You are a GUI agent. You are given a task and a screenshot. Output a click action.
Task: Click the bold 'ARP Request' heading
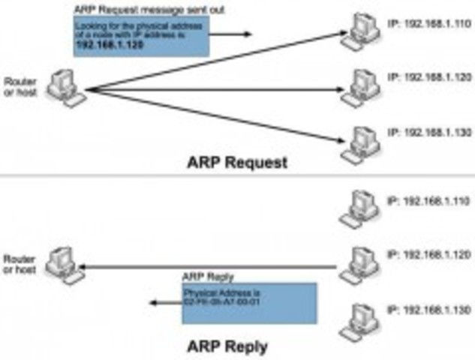pos(236,162)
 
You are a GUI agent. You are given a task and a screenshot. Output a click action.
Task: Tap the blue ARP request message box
pos(140,36)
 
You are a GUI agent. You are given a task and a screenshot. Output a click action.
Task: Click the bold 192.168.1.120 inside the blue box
pos(110,44)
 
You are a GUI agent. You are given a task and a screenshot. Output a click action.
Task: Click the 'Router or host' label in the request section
pos(17,86)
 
